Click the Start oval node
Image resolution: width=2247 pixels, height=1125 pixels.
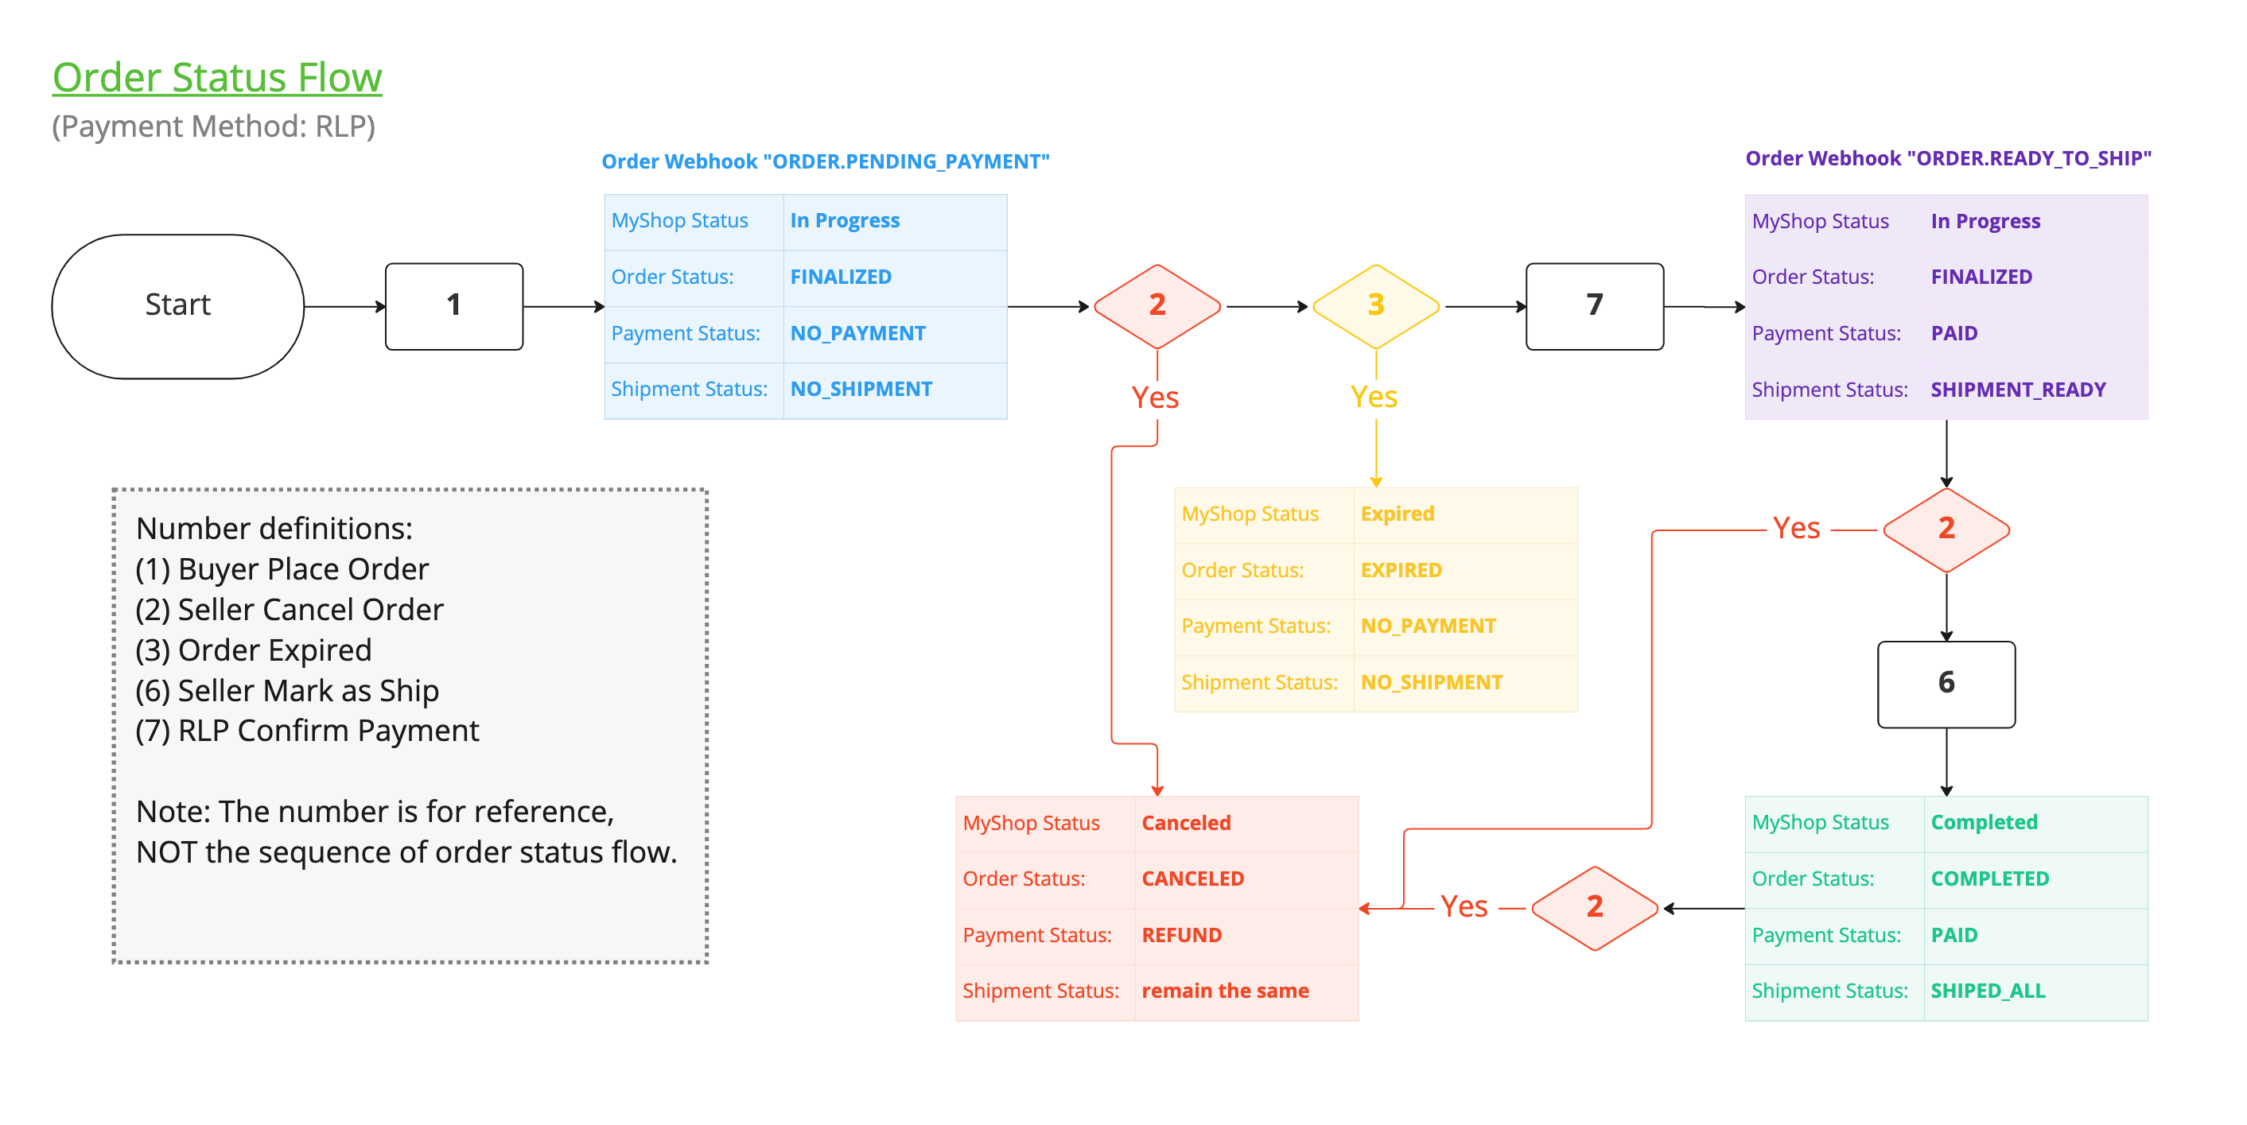pyautogui.click(x=178, y=305)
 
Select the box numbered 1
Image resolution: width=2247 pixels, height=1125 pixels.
pyautogui.click(x=453, y=305)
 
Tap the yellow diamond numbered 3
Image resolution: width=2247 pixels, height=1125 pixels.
pyautogui.click(x=1375, y=305)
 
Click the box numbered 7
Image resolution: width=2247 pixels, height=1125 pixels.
pyautogui.click(x=1594, y=305)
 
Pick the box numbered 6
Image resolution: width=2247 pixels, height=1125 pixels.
pyautogui.click(x=1946, y=684)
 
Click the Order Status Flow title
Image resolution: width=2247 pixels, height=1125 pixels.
pyautogui.click(x=216, y=77)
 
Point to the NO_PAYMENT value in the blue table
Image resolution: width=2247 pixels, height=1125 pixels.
pyautogui.click(x=857, y=333)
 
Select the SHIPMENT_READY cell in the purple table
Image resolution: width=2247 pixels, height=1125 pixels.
pyautogui.click(x=2018, y=390)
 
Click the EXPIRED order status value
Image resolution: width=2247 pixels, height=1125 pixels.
pyautogui.click(x=1401, y=570)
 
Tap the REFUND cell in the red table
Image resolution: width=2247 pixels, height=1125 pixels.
pyautogui.click(x=1181, y=935)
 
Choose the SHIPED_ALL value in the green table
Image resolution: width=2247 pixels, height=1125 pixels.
pyautogui.click(x=1987, y=991)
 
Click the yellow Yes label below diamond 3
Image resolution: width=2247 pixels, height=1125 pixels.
pyautogui.click(x=1374, y=398)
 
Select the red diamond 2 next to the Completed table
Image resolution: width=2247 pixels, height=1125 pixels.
pyautogui.click(x=1595, y=907)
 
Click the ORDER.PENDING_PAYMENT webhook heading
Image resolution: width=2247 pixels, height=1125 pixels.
pyautogui.click(x=825, y=161)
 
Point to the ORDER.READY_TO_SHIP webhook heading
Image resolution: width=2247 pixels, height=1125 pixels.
pyautogui.click(x=1948, y=159)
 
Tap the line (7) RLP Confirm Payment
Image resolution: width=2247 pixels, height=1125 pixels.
pyautogui.click(x=307, y=731)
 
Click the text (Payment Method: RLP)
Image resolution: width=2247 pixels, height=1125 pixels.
pyautogui.click(x=214, y=126)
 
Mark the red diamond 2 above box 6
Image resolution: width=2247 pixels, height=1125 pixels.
pyautogui.click(x=1946, y=529)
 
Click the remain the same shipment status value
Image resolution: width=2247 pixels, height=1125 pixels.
pyautogui.click(x=1225, y=991)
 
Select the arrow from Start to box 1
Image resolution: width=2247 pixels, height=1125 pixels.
pyautogui.click(x=344, y=306)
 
